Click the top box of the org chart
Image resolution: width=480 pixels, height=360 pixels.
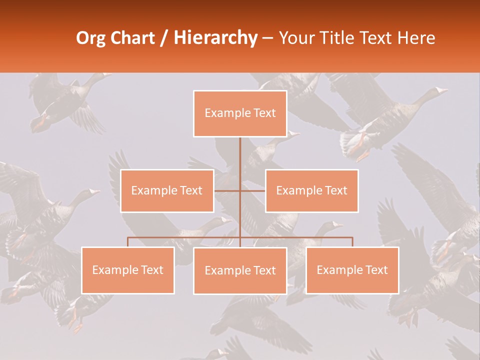(240, 113)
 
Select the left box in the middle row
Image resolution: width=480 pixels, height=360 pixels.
(167, 190)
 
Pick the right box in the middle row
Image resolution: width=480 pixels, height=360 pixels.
(311, 190)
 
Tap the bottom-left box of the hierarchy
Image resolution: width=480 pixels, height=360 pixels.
(128, 270)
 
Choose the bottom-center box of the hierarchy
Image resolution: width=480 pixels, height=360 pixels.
(240, 270)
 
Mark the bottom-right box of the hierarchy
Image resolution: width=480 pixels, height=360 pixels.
(352, 270)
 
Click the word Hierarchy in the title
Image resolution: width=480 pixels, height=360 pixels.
(215, 38)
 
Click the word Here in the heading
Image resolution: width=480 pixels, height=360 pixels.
(415, 38)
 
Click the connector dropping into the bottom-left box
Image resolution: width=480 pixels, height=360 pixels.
(128, 242)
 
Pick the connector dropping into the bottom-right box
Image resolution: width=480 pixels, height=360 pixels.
(352, 242)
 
